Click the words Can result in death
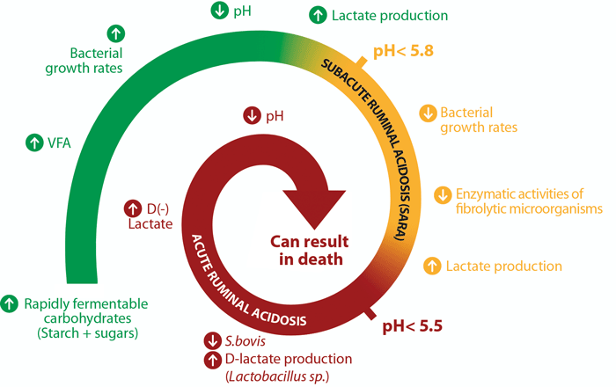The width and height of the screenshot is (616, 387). click(x=303, y=249)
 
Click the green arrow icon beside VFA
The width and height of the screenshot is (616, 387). click(x=33, y=140)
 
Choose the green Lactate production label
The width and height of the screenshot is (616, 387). click(x=391, y=15)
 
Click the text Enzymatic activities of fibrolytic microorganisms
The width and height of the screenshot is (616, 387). click(x=529, y=201)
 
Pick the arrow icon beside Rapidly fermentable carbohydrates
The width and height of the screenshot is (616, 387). click(x=10, y=303)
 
